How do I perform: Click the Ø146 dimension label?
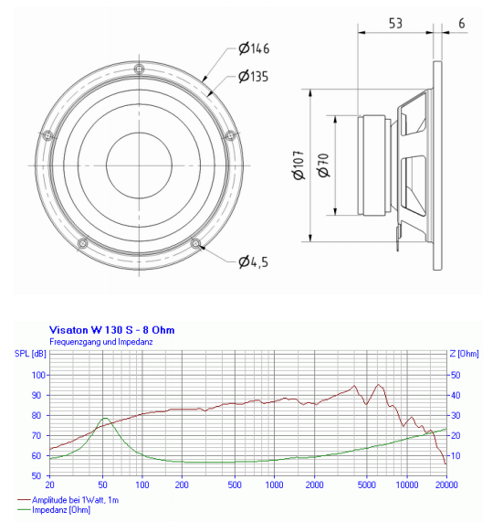tap(253, 48)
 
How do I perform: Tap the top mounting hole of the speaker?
tap(138, 70)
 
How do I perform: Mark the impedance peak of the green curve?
tap(105, 419)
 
